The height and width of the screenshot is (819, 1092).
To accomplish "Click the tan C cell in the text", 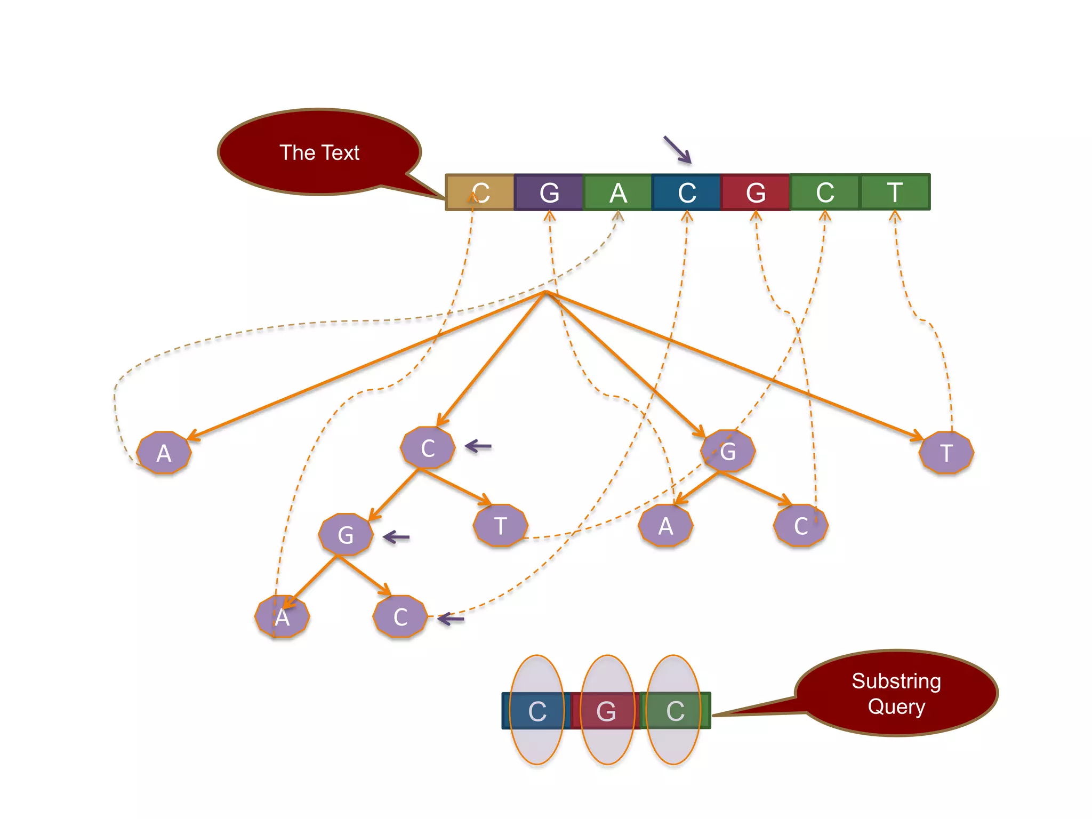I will pyautogui.click(x=480, y=192).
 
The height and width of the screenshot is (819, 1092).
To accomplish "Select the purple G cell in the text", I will pyautogui.click(x=549, y=192).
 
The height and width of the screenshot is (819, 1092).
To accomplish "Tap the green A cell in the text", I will pyautogui.click(x=617, y=192).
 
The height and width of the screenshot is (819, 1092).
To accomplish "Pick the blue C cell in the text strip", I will pyautogui.click(x=686, y=192).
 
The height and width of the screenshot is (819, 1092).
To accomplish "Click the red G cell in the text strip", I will pyautogui.click(x=755, y=192).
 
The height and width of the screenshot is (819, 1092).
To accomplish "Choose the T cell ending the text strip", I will pyautogui.click(x=895, y=192).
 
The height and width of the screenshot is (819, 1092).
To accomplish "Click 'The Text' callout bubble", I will pyautogui.click(x=319, y=152).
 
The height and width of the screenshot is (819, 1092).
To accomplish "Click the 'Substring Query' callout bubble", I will pyautogui.click(x=896, y=693).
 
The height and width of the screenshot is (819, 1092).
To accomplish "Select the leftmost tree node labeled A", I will pyautogui.click(x=164, y=453).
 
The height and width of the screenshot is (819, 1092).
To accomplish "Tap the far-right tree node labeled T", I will pyautogui.click(x=946, y=453).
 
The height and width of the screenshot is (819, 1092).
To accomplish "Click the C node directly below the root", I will pyautogui.click(x=428, y=448).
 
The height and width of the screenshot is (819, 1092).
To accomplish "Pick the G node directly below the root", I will pyautogui.click(x=728, y=451).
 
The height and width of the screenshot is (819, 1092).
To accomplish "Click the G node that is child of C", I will pyautogui.click(x=346, y=534).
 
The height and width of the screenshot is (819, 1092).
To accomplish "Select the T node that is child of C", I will pyautogui.click(x=500, y=526).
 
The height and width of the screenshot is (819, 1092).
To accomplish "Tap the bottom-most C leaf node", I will pyautogui.click(x=400, y=617).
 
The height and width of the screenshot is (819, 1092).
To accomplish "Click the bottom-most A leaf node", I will pyautogui.click(x=282, y=617).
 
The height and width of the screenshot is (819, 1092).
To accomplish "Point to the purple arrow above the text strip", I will pyautogui.click(x=677, y=149).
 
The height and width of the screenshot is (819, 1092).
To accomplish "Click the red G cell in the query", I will pyautogui.click(x=606, y=711).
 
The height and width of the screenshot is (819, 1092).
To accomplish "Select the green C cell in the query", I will pyautogui.click(x=675, y=711).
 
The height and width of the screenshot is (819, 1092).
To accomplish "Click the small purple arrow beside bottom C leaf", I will pyautogui.click(x=451, y=619).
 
